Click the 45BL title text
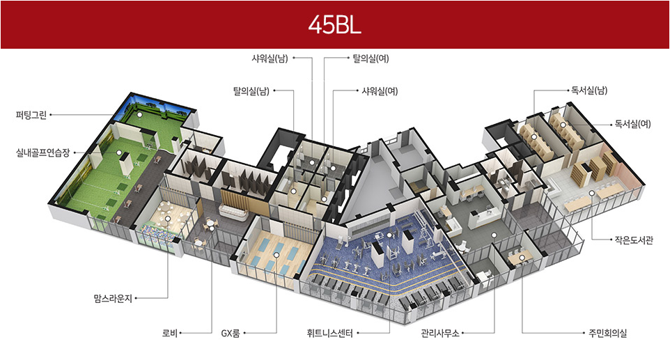334,25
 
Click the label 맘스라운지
112,298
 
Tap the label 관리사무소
439,334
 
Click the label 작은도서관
630,240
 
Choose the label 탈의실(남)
251,91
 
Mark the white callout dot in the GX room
276,255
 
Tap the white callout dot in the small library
591,194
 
